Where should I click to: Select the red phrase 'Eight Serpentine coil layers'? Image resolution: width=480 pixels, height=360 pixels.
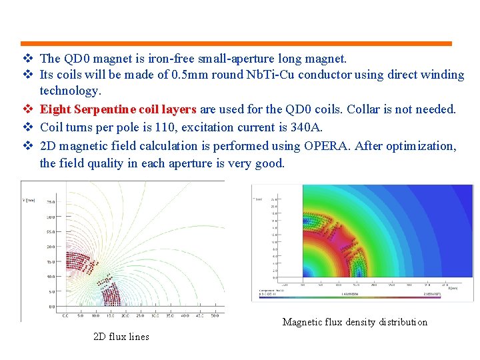[x=118, y=109]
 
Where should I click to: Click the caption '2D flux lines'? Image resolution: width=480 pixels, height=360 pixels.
[x=121, y=337]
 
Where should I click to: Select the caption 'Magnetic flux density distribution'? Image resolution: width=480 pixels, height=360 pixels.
[x=355, y=322]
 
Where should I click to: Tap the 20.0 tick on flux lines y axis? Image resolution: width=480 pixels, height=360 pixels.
[x=51, y=247]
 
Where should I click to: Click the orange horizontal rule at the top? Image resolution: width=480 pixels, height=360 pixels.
[x=235, y=43]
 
